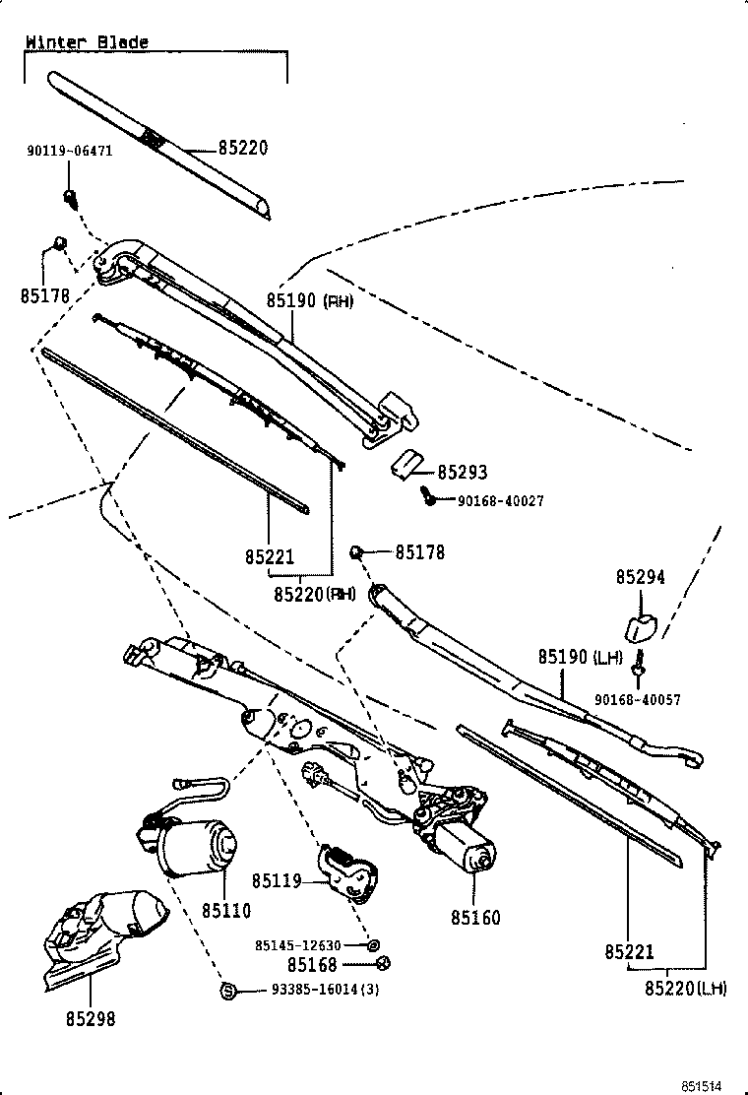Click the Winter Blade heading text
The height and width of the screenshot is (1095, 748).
(87, 42)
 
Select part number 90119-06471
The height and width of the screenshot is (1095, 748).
(69, 151)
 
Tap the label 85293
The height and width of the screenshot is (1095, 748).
(463, 473)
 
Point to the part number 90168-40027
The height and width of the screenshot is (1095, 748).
(500, 501)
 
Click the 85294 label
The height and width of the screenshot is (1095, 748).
(641, 578)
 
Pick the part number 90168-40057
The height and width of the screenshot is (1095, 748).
(637, 700)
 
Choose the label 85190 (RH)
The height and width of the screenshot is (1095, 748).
(309, 300)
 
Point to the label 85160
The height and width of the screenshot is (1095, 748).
(475, 918)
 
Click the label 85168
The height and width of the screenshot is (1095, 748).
(312, 965)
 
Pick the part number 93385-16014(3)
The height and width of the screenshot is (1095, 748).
(325, 990)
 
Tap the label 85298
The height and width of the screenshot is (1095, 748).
(91, 1019)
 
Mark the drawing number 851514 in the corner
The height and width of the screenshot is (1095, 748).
(712, 1084)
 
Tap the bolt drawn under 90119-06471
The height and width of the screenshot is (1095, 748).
(71, 196)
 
